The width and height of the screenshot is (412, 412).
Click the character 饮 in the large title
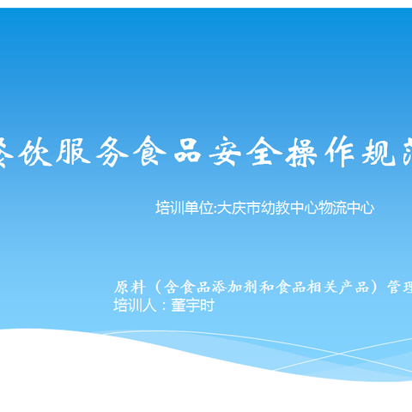click(x=47, y=153)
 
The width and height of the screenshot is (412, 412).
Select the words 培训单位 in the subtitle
click(x=183, y=208)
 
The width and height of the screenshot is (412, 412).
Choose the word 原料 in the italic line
click(x=128, y=287)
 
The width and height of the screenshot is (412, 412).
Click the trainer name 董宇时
click(x=192, y=306)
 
